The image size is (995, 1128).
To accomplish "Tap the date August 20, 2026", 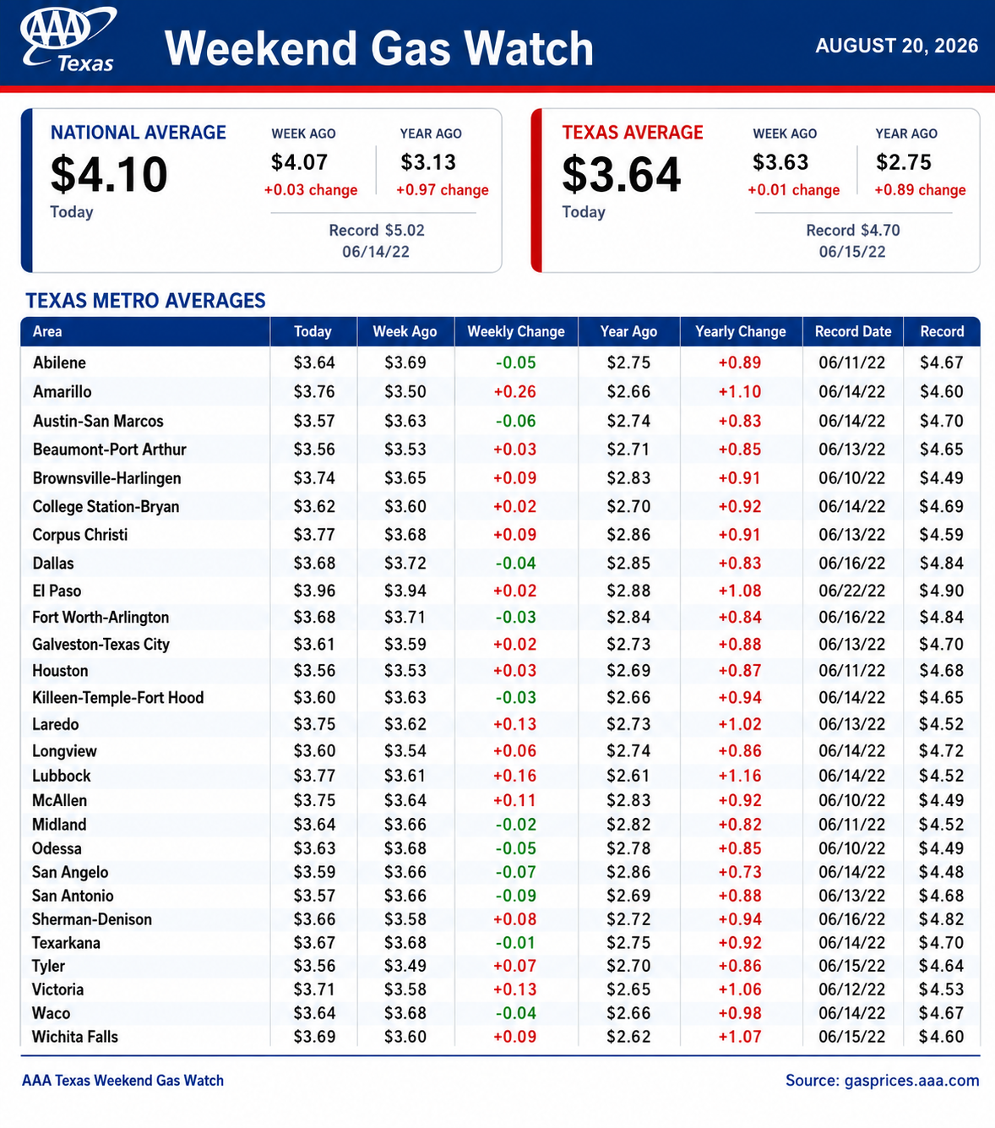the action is point(896,46).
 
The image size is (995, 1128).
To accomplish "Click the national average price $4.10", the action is point(109,174).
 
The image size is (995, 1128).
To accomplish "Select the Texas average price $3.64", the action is point(621,174).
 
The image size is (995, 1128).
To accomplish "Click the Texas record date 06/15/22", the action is point(852,252).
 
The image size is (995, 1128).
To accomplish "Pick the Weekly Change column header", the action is point(516,331).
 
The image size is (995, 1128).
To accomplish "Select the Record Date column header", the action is point(853,331).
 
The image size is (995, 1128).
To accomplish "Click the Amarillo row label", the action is point(62,391).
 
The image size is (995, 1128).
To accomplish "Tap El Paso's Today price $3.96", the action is point(314,590).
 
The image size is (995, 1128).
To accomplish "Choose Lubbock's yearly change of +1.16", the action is point(740,775).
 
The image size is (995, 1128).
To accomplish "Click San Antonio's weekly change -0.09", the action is point(516,896).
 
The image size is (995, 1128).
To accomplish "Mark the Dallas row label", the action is point(53,563).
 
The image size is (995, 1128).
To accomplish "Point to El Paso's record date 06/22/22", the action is point(852,590).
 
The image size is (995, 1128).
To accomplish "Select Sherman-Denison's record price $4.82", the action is point(942,918).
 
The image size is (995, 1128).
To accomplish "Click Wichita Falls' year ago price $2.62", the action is point(628,1036).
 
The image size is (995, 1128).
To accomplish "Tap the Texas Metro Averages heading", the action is point(146,301).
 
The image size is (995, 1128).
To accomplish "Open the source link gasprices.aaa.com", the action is point(911,1080).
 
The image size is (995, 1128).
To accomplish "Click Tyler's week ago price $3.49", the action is point(405,966).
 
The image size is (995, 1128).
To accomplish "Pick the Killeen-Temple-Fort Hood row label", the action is point(118,697).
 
